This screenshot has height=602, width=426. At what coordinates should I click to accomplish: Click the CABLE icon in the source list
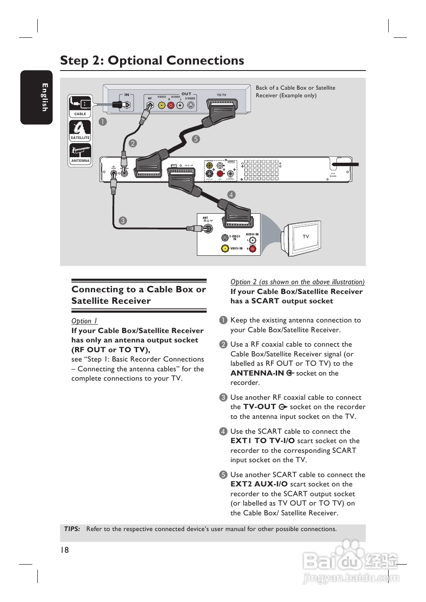click(x=80, y=106)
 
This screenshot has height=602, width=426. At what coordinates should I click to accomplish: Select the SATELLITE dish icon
click(x=80, y=130)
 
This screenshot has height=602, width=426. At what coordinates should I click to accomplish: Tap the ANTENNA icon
click(x=80, y=153)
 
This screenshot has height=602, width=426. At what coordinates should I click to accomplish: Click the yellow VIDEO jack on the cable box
click(x=162, y=105)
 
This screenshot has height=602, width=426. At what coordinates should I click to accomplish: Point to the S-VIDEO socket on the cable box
click(x=191, y=105)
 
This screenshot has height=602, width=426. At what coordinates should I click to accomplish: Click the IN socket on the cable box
click(x=126, y=105)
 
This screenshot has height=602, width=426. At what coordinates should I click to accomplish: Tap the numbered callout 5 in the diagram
click(x=196, y=139)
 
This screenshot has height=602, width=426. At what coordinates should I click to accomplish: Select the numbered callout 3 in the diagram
click(x=123, y=220)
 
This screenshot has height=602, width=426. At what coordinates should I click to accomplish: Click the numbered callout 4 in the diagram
click(x=231, y=195)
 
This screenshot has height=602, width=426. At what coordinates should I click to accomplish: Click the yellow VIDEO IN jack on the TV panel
click(x=225, y=249)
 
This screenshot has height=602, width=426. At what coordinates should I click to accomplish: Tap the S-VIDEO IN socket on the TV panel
click(x=225, y=238)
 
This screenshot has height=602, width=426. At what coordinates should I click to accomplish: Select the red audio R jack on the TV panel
click(x=252, y=249)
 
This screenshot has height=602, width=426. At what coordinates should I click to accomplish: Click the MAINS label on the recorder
click(x=333, y=176)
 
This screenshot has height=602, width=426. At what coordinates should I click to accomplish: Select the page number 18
click(x=64, y=550)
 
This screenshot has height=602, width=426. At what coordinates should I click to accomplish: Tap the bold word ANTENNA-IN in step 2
click(x=257, y=373)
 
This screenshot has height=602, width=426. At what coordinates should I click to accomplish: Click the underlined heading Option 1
click(x=84, y=321)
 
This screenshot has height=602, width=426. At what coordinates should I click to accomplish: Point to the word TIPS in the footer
click(x=72, y=529)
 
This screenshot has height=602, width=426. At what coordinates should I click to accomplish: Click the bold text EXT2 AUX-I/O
click(x=259, y=484)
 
